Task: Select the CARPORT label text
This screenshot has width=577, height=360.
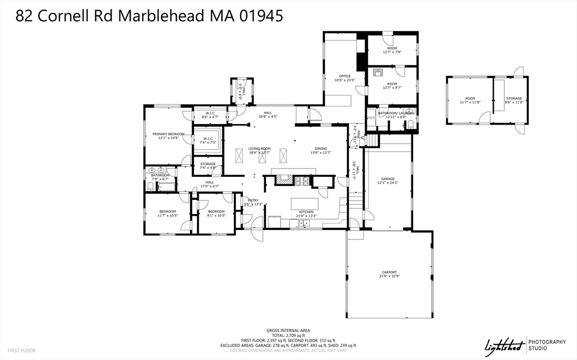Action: click(389, 272)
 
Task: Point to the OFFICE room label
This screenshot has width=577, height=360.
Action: click(344, 76)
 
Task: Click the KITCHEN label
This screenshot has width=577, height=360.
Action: click(307, 212)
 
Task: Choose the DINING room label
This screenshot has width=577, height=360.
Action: click(319, 148)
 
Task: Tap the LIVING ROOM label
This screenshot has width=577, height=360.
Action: click(260, 148)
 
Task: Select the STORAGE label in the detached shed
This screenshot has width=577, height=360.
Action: click(513, 98)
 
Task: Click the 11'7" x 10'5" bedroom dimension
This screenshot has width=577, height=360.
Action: click(167, 215)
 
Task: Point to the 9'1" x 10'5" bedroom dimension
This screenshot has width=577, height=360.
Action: click(216, 215)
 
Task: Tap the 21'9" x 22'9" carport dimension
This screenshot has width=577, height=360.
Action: click(389, 276)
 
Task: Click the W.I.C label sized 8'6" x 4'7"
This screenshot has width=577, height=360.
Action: click(210, 113)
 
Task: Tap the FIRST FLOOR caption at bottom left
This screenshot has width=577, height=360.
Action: click(22, 350)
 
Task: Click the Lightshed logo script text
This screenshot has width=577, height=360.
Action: click(503, 344)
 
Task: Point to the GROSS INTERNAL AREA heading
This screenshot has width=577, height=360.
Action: click(288, 330)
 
